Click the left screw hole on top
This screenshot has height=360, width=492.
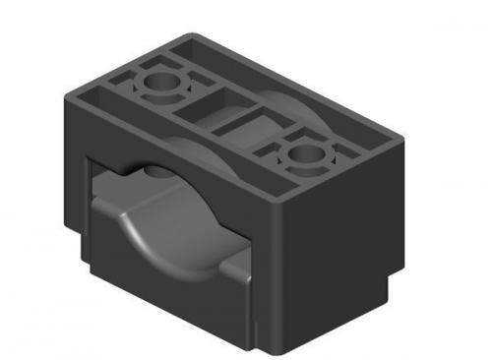pyautogui.click(x=158, y=85)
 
